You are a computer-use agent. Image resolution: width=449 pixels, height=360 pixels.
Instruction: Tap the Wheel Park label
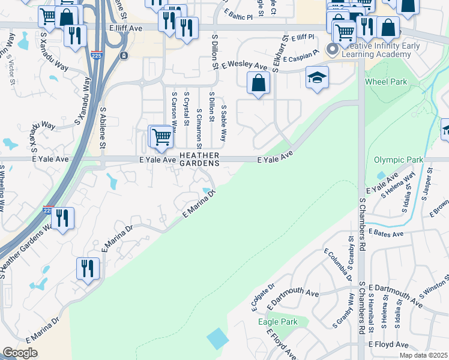387,81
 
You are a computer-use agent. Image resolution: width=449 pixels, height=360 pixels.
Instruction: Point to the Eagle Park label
277,322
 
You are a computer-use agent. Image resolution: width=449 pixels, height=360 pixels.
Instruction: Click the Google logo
20,353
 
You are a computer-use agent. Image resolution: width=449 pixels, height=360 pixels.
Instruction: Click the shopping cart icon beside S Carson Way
161,137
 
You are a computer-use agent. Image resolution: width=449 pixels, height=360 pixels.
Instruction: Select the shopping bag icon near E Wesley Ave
258,83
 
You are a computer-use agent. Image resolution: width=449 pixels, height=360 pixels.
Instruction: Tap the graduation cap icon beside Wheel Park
317,77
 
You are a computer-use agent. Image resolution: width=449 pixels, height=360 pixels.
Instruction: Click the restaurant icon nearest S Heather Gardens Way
62,218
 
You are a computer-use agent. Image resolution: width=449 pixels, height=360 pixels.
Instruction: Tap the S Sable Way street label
224,124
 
